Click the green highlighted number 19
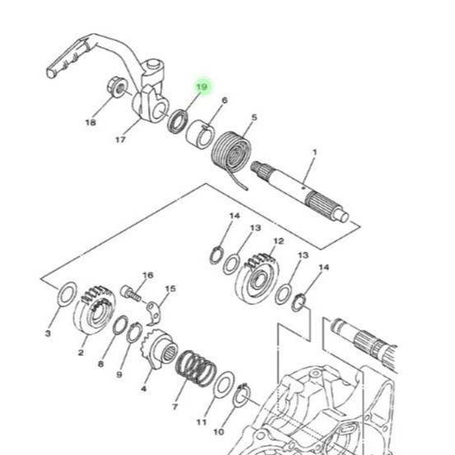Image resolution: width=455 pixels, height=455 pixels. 202,87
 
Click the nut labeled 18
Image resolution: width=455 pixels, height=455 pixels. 117,87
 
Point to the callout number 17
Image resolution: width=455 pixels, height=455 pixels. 120,140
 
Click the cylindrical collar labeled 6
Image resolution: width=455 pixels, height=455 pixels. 199,134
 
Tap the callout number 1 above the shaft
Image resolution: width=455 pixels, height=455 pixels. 315,152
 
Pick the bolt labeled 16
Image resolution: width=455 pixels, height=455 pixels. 130,293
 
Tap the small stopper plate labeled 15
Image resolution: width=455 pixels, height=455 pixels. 153,313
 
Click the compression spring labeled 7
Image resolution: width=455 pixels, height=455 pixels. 196,368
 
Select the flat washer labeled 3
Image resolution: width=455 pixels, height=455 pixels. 67,293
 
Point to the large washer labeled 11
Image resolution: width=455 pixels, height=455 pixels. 223,384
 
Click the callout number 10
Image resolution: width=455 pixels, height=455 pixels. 218,432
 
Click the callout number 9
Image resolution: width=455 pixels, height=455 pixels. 120,374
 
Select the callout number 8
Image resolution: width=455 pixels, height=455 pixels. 101,364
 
